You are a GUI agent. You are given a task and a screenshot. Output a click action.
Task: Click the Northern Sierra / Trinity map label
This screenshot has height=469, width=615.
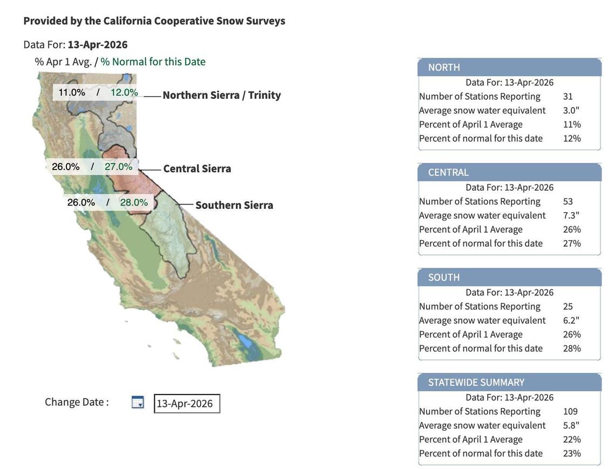pyautogui.click(x=221, y=95)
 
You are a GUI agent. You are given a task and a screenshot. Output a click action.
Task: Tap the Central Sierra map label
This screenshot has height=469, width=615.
pyautogui.click(x=197, y=168)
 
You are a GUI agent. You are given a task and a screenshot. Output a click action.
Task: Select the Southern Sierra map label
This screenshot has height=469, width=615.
pyautogui.click(x=234, y=205)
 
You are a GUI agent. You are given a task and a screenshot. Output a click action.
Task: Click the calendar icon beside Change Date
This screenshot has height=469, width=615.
pyautogui.click(x=138, y=402)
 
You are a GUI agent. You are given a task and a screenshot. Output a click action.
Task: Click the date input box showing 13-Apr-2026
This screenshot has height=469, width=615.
pyautogui.click(x=187, y=404)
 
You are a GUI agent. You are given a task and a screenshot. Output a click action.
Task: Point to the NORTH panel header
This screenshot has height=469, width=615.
pyautogui.click(x=509, y=67)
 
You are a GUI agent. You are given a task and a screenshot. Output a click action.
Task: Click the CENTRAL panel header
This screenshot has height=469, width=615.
pyautogui.click(x=509, y=172)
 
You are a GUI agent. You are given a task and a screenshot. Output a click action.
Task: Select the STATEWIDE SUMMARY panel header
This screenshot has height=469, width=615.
pyautogui.click(x=509, y=382)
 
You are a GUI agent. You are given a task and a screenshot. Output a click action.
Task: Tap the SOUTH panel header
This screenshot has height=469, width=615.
pyautogui.click(x=509, y=277)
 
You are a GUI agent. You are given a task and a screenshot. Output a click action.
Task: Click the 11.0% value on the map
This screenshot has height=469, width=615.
pyautogui.click(x=72, y=92)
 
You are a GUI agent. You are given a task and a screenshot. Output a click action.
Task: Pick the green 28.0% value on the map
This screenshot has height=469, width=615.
pyautogui.click(x=134, y=202)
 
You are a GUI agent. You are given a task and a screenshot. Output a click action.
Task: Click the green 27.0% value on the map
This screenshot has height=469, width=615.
pyautogui.click(x=118, y=167)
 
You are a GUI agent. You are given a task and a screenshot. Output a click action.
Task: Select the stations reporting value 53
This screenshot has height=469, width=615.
pyautogui.click(x=568, y=201)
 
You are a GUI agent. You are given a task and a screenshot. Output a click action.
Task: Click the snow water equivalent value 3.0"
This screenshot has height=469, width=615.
pyautogui.click(x=571, y=110)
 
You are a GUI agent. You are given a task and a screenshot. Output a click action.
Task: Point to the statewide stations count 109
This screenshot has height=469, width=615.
pyautogui.click(x=570, y=411)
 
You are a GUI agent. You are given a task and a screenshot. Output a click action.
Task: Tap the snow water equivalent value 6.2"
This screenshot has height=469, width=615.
pyautogui.click(x=571, y=320)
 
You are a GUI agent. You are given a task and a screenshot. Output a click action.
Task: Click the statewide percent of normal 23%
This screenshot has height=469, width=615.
pyautogui.click(x=572, y=453)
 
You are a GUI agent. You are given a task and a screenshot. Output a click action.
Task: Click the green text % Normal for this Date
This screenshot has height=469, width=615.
pyautogui.click(x=153, y=62)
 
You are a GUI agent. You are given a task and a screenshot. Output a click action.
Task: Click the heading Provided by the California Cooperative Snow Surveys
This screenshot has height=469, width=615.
pyautogui.click(x=154, y=21)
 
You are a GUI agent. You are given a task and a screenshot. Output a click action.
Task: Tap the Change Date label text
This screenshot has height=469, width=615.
pyautogui.click(x=77, y=402)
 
